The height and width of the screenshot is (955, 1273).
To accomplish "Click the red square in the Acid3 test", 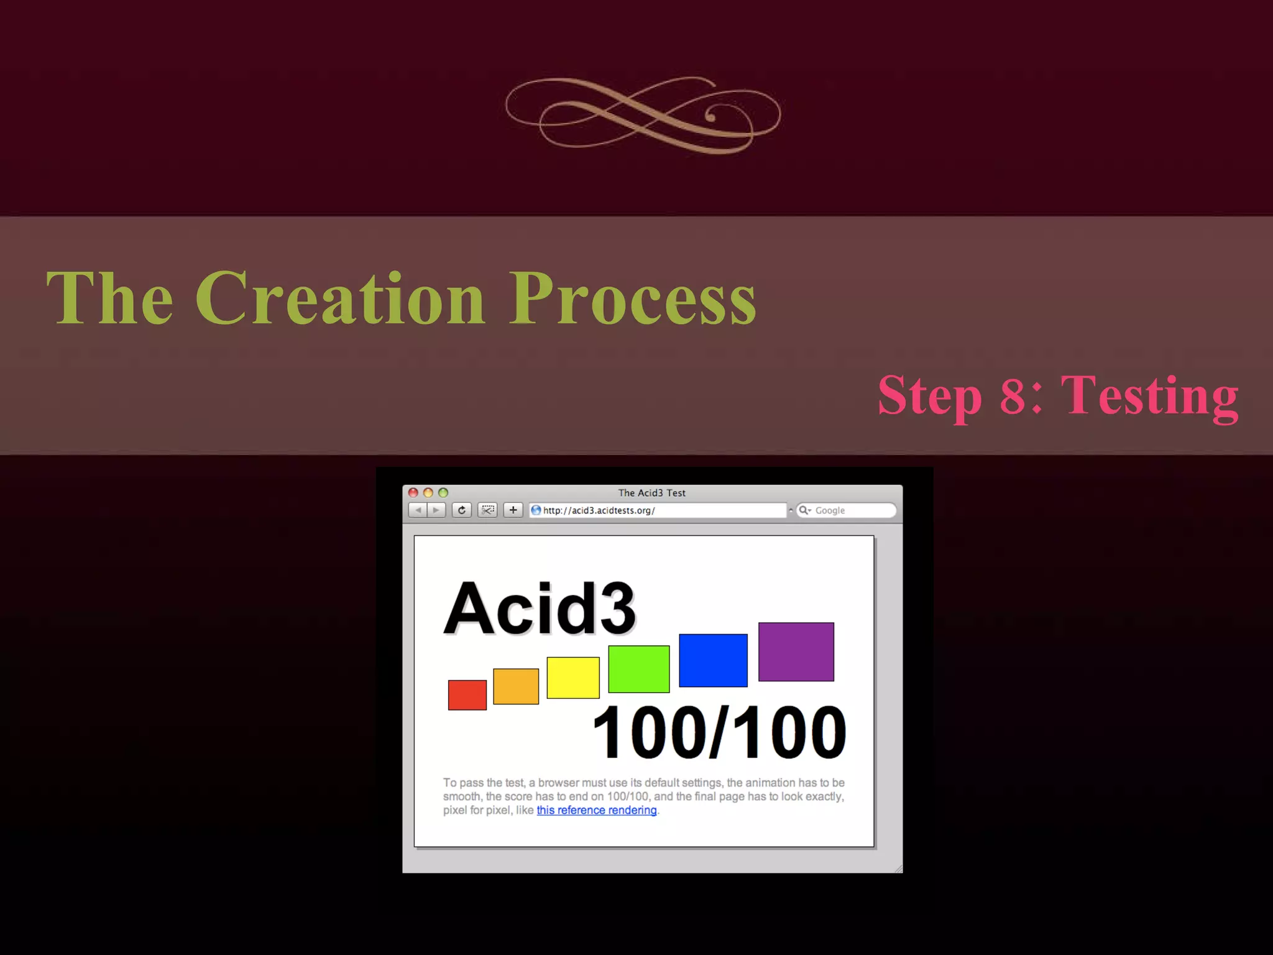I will pos(467,694).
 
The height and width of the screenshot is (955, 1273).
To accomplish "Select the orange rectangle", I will pos(516,686).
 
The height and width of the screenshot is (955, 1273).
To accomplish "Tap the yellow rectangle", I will pos(572,677).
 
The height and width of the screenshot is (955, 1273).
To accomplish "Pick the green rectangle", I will pos(638,668).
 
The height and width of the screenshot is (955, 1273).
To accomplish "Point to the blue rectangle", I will pos(713,660).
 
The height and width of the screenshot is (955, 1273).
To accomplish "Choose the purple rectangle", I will pos(796,651).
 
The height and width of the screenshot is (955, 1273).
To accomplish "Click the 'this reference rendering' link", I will pos(596,810).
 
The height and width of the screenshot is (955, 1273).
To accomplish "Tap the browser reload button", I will pos(461,510).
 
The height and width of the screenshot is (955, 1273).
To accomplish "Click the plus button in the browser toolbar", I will pos(513,510).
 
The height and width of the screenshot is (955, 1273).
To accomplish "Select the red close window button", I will pos(413,492).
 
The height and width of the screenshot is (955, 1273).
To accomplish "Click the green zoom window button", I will pos(443,492).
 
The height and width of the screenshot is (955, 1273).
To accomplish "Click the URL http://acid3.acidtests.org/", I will pos(599,510).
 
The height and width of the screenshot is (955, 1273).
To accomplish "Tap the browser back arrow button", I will pos(418,510).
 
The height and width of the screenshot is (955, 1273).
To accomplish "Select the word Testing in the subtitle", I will pos(1149,396).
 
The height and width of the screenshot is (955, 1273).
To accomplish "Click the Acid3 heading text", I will pos(540,608).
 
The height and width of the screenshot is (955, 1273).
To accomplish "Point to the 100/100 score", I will pos(719,732).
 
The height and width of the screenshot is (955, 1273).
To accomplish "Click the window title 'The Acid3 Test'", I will pos(651,492).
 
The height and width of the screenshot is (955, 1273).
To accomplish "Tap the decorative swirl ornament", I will pos(643,115).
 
